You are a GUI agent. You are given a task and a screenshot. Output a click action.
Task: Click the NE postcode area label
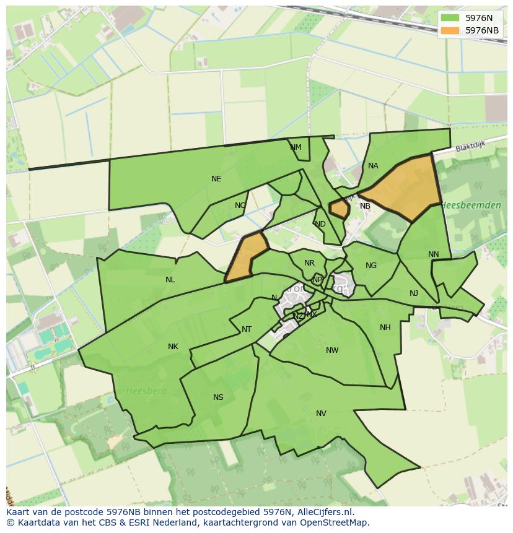(x=216, y=179)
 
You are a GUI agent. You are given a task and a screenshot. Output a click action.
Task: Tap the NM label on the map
(x=296, y=147)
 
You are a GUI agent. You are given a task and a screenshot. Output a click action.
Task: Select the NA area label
(x=373, y=166)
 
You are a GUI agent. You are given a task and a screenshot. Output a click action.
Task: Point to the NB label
(x=365, y=206)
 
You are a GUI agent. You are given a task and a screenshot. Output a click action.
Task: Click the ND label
(x=320, y=224)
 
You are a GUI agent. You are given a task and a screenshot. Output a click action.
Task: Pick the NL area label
(x=170, y=280)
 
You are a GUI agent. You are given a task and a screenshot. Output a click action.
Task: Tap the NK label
(x=173, y=347)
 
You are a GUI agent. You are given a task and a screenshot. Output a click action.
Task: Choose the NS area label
(x=218, y=397)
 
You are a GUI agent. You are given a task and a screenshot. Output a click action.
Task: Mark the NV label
(x=321, y=414)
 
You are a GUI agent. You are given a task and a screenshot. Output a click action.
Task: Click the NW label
(x=332, y=350)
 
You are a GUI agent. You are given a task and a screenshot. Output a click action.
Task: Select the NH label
(x=385, y=327)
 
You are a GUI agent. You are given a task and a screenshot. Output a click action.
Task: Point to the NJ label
(x=414, y=293)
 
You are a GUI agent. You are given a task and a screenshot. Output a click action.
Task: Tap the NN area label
(x=433, y=254)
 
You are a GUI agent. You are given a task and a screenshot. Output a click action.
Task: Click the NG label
(x=371, y=266)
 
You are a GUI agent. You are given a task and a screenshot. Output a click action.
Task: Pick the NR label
(x=309, y=263)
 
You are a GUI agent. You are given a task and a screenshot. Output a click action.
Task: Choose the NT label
(x=247, y=329)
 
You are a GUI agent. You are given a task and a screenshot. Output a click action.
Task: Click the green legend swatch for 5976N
(x=450, y=18)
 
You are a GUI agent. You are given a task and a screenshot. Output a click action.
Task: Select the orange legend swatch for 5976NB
(x=450, y=30)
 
